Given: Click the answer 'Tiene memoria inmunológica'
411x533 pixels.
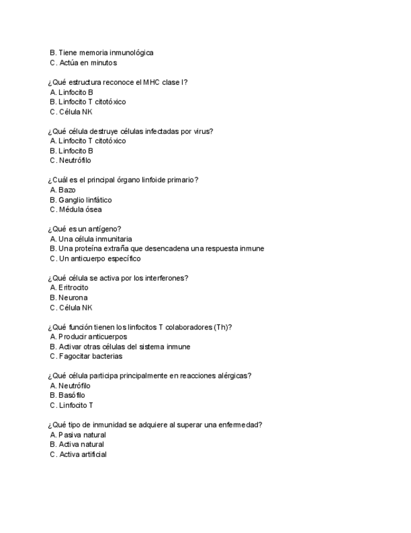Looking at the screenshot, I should point(105,53).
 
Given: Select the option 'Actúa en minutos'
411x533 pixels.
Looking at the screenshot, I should point(87,63).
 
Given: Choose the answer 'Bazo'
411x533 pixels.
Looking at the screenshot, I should point(67,190).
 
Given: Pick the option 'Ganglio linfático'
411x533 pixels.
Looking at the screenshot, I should point(85,200).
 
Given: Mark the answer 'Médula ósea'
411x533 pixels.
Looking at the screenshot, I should point(80,209).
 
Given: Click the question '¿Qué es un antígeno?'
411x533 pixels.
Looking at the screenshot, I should point(85,229).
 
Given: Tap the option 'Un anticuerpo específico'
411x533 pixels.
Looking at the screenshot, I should point(99,258).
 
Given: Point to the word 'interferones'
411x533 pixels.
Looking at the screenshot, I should point(164,278).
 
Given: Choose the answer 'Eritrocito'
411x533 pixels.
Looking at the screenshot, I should point(73,288).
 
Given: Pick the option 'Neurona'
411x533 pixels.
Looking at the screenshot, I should point(73,297).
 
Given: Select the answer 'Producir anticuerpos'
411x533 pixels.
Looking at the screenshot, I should point(92,337).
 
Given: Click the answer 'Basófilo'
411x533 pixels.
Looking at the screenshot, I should point(72,395).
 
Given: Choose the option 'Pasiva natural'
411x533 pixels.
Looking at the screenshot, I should point(82,435).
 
